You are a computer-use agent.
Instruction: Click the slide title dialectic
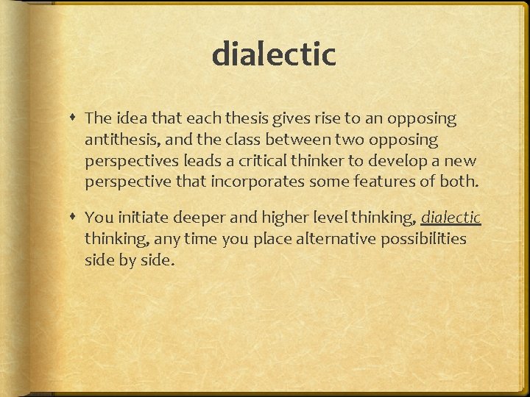pos(274,54)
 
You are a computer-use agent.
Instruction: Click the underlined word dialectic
pos(451,218)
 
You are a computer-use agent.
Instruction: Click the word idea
pos(130,118)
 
